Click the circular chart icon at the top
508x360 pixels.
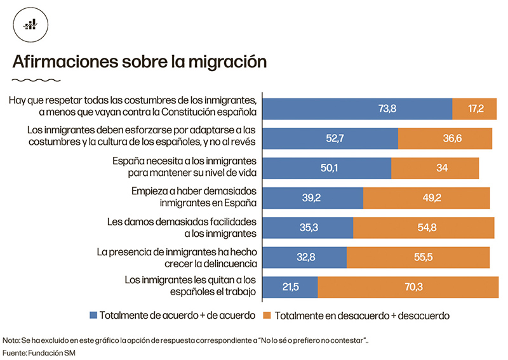(29, 25)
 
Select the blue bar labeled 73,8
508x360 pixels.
(357, 109)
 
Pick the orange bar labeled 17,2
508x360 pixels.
(474, 109)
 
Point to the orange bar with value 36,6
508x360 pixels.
(444, 138)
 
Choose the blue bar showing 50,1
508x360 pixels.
(326, 168)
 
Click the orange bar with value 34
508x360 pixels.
(435, 168)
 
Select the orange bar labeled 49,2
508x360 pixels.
(426, 198)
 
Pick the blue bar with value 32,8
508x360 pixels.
(304, 257)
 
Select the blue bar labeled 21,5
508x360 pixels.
(290, 287)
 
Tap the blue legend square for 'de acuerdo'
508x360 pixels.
(95, 314)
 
